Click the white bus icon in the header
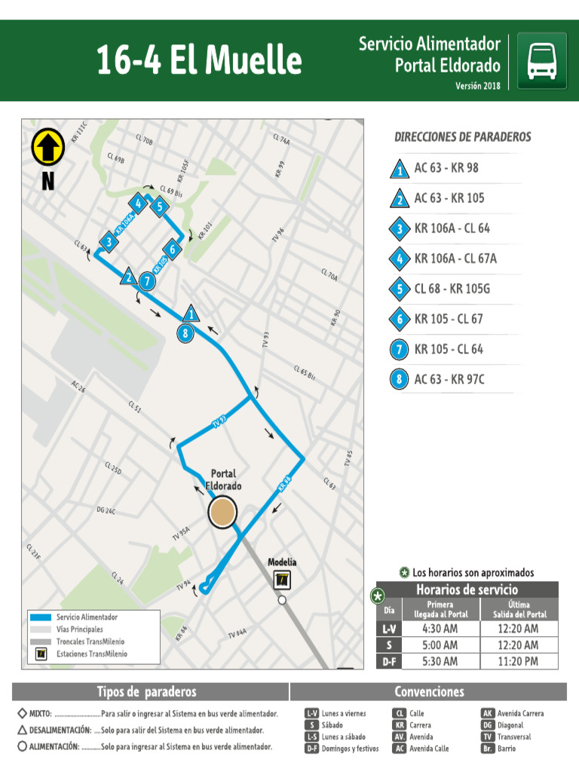(542, 61)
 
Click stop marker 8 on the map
(186, 332)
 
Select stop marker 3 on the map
(109, 242)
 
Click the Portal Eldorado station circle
(222, 513)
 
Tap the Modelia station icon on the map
(281, 581)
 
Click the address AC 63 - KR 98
(446, 167)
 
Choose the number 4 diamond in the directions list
(399, 259)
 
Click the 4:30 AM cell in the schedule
(440, 629)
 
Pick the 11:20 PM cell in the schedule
(519, 661)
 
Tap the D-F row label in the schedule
(388, 662)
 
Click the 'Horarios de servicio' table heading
(467, 590)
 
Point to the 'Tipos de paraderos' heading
(146, 691)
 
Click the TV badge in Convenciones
(488, 737)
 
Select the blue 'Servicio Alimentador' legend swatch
(41, 617)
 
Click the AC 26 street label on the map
(78, 387)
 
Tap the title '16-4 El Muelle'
(198, 60)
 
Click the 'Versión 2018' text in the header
(477, 86)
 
